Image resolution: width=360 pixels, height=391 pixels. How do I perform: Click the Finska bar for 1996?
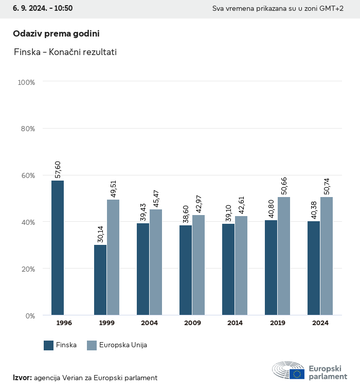coord(58,248)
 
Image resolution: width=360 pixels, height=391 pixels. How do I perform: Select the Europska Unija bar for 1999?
coord(113,257)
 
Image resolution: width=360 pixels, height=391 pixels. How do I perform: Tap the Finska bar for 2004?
coord(143,269)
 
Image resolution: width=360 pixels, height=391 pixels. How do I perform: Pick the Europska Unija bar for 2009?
coord(199,265)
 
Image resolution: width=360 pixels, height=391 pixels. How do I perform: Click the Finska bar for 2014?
coord(228,270)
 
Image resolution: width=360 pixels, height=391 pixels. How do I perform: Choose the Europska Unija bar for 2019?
coord(284,256)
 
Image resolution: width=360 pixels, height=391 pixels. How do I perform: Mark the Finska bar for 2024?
coord(314,268)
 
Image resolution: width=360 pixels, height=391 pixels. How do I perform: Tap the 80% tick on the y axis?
coord(27,129)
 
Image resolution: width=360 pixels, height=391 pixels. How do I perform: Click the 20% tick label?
coord(27,269)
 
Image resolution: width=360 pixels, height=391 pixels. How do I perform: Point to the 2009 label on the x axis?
coord(192,323)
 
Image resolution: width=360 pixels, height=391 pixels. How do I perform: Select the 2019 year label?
coord(277,323)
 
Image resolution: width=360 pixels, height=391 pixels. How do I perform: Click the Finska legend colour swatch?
coord(49,345)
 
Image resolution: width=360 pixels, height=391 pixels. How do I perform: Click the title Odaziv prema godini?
coord(56,33)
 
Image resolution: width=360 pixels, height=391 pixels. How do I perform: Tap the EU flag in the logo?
coord(297,374)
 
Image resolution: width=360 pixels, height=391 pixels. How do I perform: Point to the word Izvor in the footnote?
coord(23,378)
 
